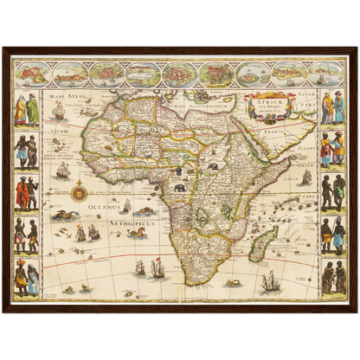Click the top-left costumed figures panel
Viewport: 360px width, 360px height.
coord(26,109)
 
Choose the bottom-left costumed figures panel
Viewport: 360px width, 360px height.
coord(26,278)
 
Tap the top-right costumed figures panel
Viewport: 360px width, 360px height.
coord(333,109)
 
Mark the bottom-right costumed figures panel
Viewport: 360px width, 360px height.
coord(333,278)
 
